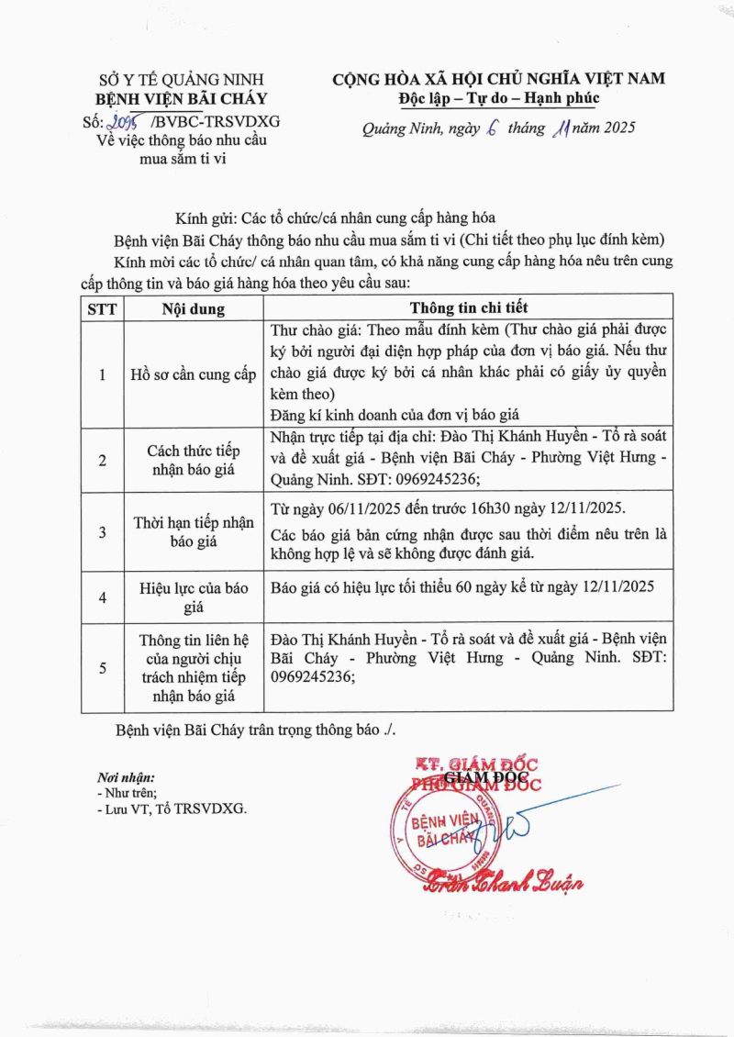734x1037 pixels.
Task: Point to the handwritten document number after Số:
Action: click(128, 121)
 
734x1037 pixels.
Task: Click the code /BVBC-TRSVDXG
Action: click(216, 121)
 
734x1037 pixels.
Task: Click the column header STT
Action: click(102, 308)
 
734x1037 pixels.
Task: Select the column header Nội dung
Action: click(194, 308)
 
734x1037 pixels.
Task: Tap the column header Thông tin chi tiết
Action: click(469, 307)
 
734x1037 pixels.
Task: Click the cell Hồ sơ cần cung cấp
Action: click(194, 374)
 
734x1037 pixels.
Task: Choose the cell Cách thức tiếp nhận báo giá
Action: click(194, 460)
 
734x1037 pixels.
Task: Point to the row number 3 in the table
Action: click(102, 532)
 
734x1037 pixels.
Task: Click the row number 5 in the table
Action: click(102, 668)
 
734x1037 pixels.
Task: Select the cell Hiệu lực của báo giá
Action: click(194, 597)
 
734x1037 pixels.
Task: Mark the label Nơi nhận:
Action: click(126, 777)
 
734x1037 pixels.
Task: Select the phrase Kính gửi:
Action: click(206, 218)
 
